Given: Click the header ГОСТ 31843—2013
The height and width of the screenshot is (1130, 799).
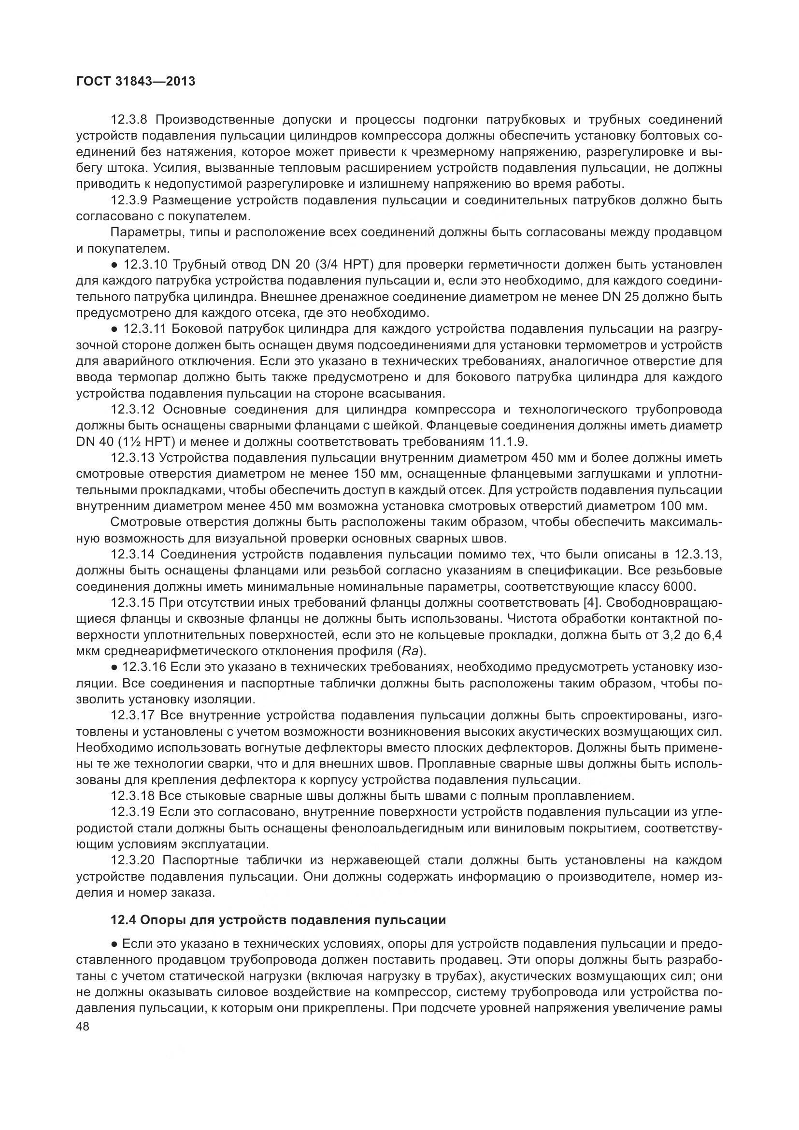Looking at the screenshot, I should click(136, 82).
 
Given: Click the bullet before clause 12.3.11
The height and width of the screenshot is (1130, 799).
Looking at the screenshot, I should click(114, 329).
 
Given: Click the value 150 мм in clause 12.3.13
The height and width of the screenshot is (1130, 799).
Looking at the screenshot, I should click(376, 474).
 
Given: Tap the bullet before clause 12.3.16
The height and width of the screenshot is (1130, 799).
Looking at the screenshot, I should click(114, 667).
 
